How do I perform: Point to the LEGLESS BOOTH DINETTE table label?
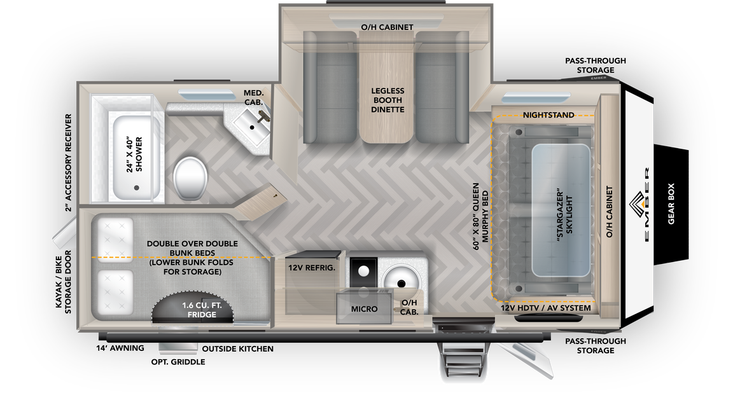tap(387, 100)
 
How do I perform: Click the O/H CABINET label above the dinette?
tap(387, 27)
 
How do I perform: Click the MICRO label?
tap(364, 309)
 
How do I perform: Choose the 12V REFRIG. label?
tap(311, 268)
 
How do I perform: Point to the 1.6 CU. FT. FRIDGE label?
tap(199, 310)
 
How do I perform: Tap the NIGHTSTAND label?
tap(548, 115)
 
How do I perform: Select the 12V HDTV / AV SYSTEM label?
tap(545, 308)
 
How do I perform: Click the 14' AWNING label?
tap(120, 348)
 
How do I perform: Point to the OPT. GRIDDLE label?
tap(178, 362)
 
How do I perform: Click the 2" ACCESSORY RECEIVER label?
tap(68, 163)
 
